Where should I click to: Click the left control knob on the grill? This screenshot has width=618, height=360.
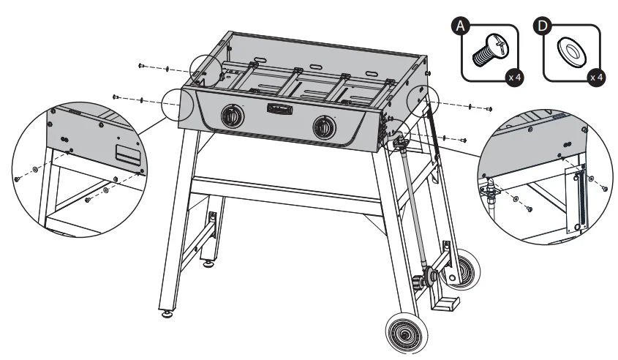coord(232,117)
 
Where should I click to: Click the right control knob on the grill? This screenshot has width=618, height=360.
coord(323,127)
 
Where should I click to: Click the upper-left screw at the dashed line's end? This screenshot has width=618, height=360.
coord(140,66)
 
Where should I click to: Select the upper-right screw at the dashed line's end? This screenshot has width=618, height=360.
coord(489,110)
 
